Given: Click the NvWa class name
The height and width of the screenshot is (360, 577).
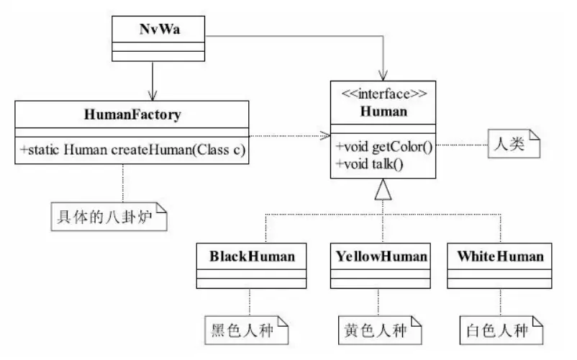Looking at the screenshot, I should coord(155,29).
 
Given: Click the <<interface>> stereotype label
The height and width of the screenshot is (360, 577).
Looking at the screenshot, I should coord(383,94).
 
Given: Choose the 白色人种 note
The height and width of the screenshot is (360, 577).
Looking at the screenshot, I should coord(499,331).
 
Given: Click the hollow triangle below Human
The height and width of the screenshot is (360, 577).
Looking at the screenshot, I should coord(383,189).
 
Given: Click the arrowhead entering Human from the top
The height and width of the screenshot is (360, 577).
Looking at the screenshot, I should coord(383,74).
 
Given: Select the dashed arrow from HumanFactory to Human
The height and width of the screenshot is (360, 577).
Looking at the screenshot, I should coord(288,134).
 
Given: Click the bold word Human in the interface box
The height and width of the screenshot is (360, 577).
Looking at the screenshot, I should coord(383,111).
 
